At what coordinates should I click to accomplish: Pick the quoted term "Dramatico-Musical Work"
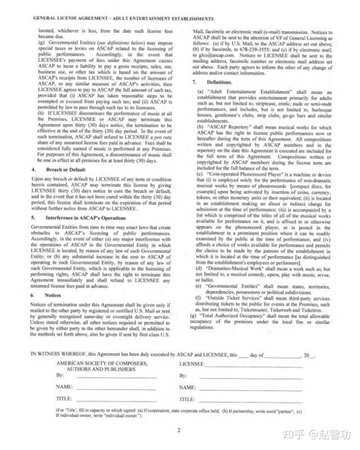238,269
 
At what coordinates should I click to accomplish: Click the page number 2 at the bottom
178,431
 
